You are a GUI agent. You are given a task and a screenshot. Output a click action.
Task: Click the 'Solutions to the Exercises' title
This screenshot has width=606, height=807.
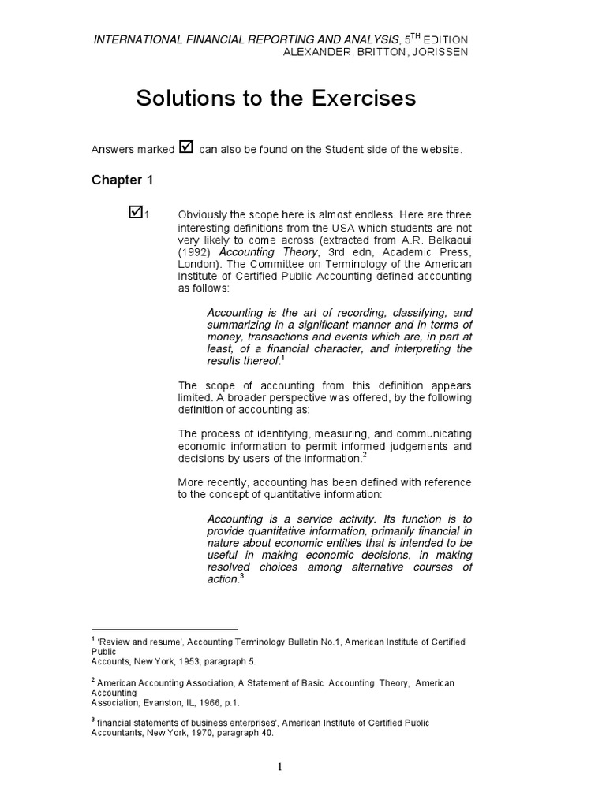point(275,99)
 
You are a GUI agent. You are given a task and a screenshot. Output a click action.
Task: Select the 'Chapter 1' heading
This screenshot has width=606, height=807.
point(122,180)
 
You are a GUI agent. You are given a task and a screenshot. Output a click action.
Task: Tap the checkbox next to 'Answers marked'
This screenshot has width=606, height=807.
point(186,147)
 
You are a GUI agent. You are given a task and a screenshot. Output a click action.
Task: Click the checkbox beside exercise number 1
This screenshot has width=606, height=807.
point(135,211)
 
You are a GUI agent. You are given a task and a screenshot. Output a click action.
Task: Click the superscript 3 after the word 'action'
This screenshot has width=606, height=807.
point(242,576)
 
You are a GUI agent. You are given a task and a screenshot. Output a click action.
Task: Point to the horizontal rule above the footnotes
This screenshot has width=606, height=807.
point(164,629)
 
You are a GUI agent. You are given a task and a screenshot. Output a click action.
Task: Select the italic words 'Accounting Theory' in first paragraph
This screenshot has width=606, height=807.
point(260,252)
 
